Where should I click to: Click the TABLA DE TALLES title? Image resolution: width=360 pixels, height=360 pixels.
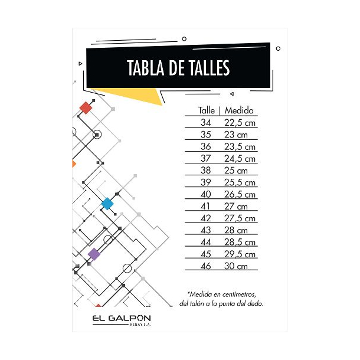(x=178, y=68)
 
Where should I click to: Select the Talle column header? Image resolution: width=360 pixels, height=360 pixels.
(x=207, y=110)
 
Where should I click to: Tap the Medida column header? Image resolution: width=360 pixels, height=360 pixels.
(x=239, y=110)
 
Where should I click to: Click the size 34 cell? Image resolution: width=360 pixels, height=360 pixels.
(x=206, y=123)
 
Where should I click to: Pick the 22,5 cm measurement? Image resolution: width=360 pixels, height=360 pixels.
(x=240, y=123)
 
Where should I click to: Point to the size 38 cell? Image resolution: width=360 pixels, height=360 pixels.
(x=206, y=171)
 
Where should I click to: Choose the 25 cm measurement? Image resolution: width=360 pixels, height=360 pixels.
(x=236, y=171)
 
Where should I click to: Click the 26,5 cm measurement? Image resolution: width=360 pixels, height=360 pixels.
(x=240, y=195)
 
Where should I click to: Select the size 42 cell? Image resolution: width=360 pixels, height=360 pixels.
(x=206, y=218)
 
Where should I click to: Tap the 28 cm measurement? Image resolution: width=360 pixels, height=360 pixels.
(x=236, y=230)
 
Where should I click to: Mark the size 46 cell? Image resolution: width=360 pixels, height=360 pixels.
(x=206, y=266)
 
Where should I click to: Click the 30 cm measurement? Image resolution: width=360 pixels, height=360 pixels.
(x=236, y=266)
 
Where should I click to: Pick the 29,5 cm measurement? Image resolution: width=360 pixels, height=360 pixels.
(x=240, y=254)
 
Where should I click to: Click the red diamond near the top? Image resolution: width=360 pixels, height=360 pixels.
(x=86, y=108)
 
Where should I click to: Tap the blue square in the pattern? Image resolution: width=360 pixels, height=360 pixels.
(x=107, y=204)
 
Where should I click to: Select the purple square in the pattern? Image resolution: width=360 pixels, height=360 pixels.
(x=94, y=254)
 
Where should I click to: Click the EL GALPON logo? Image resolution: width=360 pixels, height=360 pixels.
(x=122, y=320)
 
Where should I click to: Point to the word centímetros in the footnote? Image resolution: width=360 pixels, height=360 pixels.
(x=239, y=294)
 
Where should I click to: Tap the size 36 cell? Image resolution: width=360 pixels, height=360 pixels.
(x=206, y=146)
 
